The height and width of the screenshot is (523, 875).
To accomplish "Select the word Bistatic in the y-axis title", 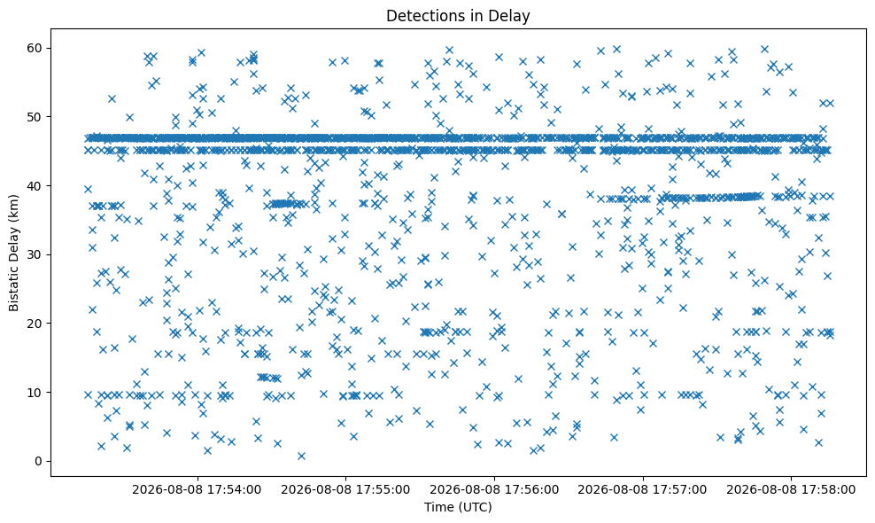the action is click(14, 279).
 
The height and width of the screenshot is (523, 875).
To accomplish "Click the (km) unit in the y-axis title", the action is click(14, 207).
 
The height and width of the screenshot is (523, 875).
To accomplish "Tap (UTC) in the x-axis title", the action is click(475, 507).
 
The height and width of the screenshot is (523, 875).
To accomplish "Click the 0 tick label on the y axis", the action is click(39, 461).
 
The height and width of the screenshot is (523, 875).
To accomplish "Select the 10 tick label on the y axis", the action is click(35, 392).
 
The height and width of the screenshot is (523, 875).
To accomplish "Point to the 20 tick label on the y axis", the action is click(35, 324).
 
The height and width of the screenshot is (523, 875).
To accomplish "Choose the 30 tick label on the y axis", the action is click(35, 254).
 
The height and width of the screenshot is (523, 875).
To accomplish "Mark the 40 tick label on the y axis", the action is click(35, 185).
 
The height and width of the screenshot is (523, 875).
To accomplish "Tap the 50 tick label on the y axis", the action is click(35, 117).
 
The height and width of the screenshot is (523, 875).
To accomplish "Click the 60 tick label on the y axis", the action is click(35, 48).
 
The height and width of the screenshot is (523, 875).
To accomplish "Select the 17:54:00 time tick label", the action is click(197, 490).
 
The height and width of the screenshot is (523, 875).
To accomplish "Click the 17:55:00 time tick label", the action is click(345, 490).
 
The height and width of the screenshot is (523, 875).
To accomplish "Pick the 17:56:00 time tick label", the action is click(494, 490).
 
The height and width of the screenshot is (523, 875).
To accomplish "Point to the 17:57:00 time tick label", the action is click(643, 490).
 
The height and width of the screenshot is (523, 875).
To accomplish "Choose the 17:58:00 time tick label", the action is click(791, 490).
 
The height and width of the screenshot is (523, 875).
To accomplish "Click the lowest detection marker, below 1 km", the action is click(301, 456).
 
